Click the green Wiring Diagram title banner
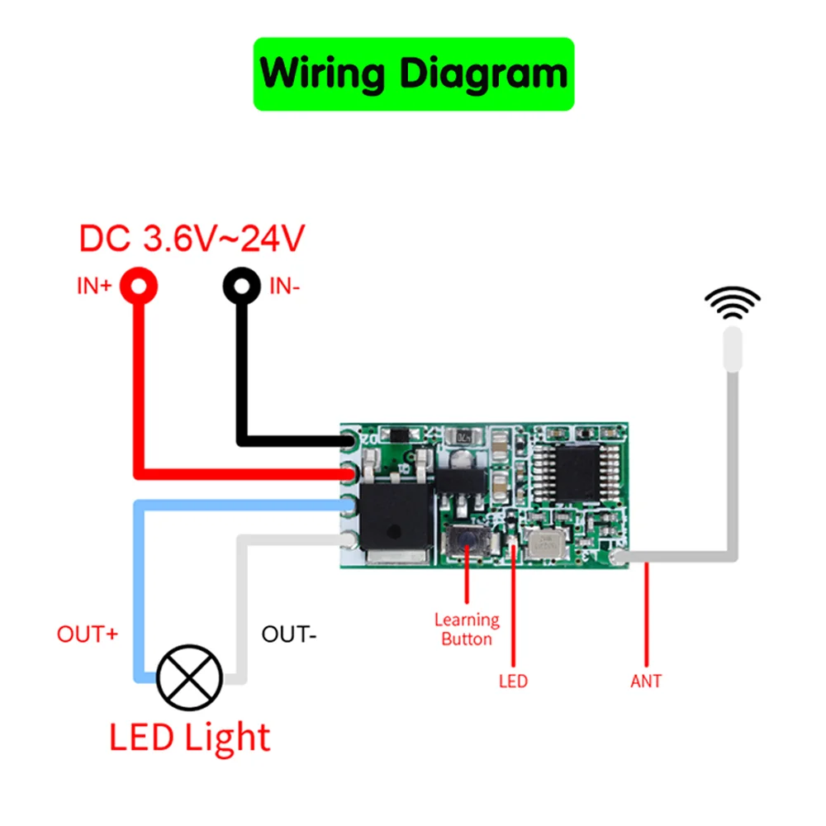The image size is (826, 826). coord(413,74)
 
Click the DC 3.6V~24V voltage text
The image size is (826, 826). coord(192,239)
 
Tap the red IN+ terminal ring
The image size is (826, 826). coord(139,287)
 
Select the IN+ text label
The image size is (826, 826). coord(93,287)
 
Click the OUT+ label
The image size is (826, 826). coord(88,634)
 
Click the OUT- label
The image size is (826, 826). coord(289,634)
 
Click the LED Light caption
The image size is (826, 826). coord(190,738)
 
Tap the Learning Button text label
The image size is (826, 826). coord(467,629)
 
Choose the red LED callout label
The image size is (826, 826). coord(513,682)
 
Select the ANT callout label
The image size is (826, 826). coord(646,682)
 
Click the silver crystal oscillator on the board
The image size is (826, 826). coord(546,544)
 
